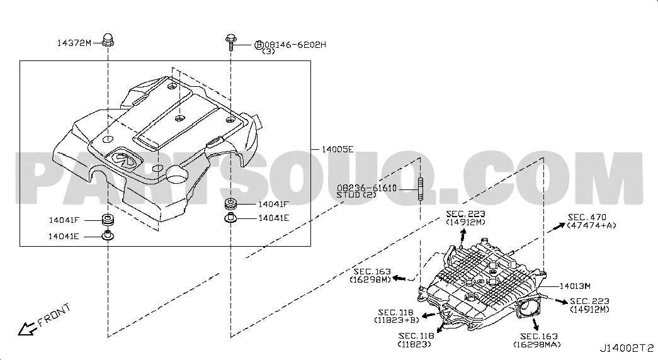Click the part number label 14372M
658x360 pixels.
click(x=74, y=43)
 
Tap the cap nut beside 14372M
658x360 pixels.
click(x=108, y=40)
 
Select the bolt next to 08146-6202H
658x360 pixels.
click(x=230, y=42)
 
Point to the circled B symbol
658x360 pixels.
click(x=259, y=45)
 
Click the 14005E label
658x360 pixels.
click(x=338, y=149)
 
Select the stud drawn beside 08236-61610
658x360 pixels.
click(x=421, y=189)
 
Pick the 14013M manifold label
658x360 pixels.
click(x=575, y=286)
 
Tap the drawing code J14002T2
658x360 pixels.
click(x=627, y=348)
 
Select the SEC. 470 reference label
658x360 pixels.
click(x=587, y=217)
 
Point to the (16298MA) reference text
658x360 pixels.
click(x=536, y=345)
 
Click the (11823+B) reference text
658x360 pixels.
click(x=397, y=320)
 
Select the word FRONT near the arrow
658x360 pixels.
click(x=55, y=315)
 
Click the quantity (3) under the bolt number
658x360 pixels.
click(x=269, y=52)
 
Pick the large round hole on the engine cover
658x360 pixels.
click(x=178, y=173)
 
